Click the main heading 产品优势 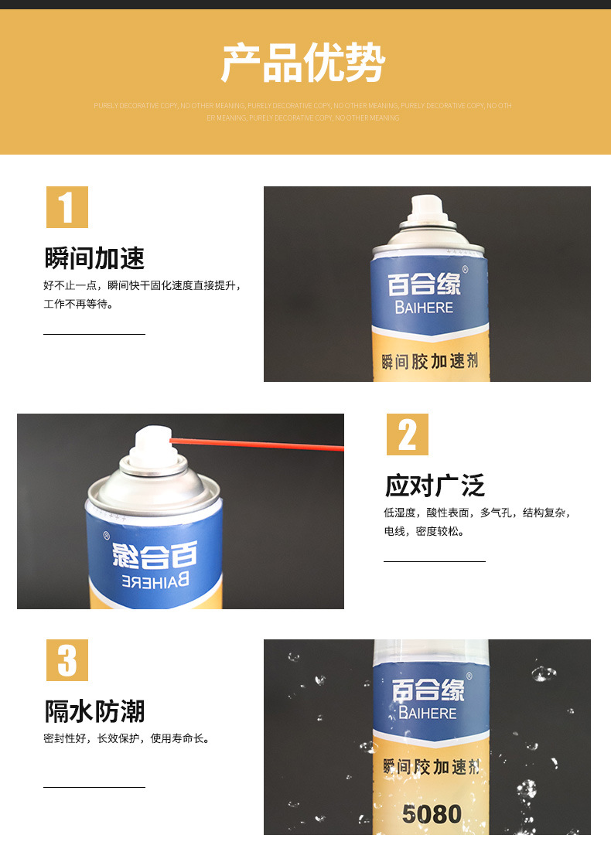pyautogui.click(x=303, y=63)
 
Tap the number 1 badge pyautogui.click(x=67, y=207)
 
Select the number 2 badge pyautogui.click(x=407, y=434)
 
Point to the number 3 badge pyautogui.click(x=67, y=660)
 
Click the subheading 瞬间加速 pyautogui.click(x=94, y=258)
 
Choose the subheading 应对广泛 pyautogui.click(x=435, y=486)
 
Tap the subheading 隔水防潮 pyautogui.click(x=94, y=711)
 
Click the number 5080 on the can pyautogui.click(x=432, y=813)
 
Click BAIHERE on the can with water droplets pyautogui.click(x=428, y=713)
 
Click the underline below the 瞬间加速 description pyautogui.click(x=94, y=334)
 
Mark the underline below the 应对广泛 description pyautogui.click(x=435, y=561)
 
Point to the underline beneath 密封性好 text pyautogui.click(x=94, y=787)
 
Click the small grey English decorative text pyautogui.click(x=303, y=111)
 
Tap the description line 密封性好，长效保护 pyautogui.click(x=126, y=739)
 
